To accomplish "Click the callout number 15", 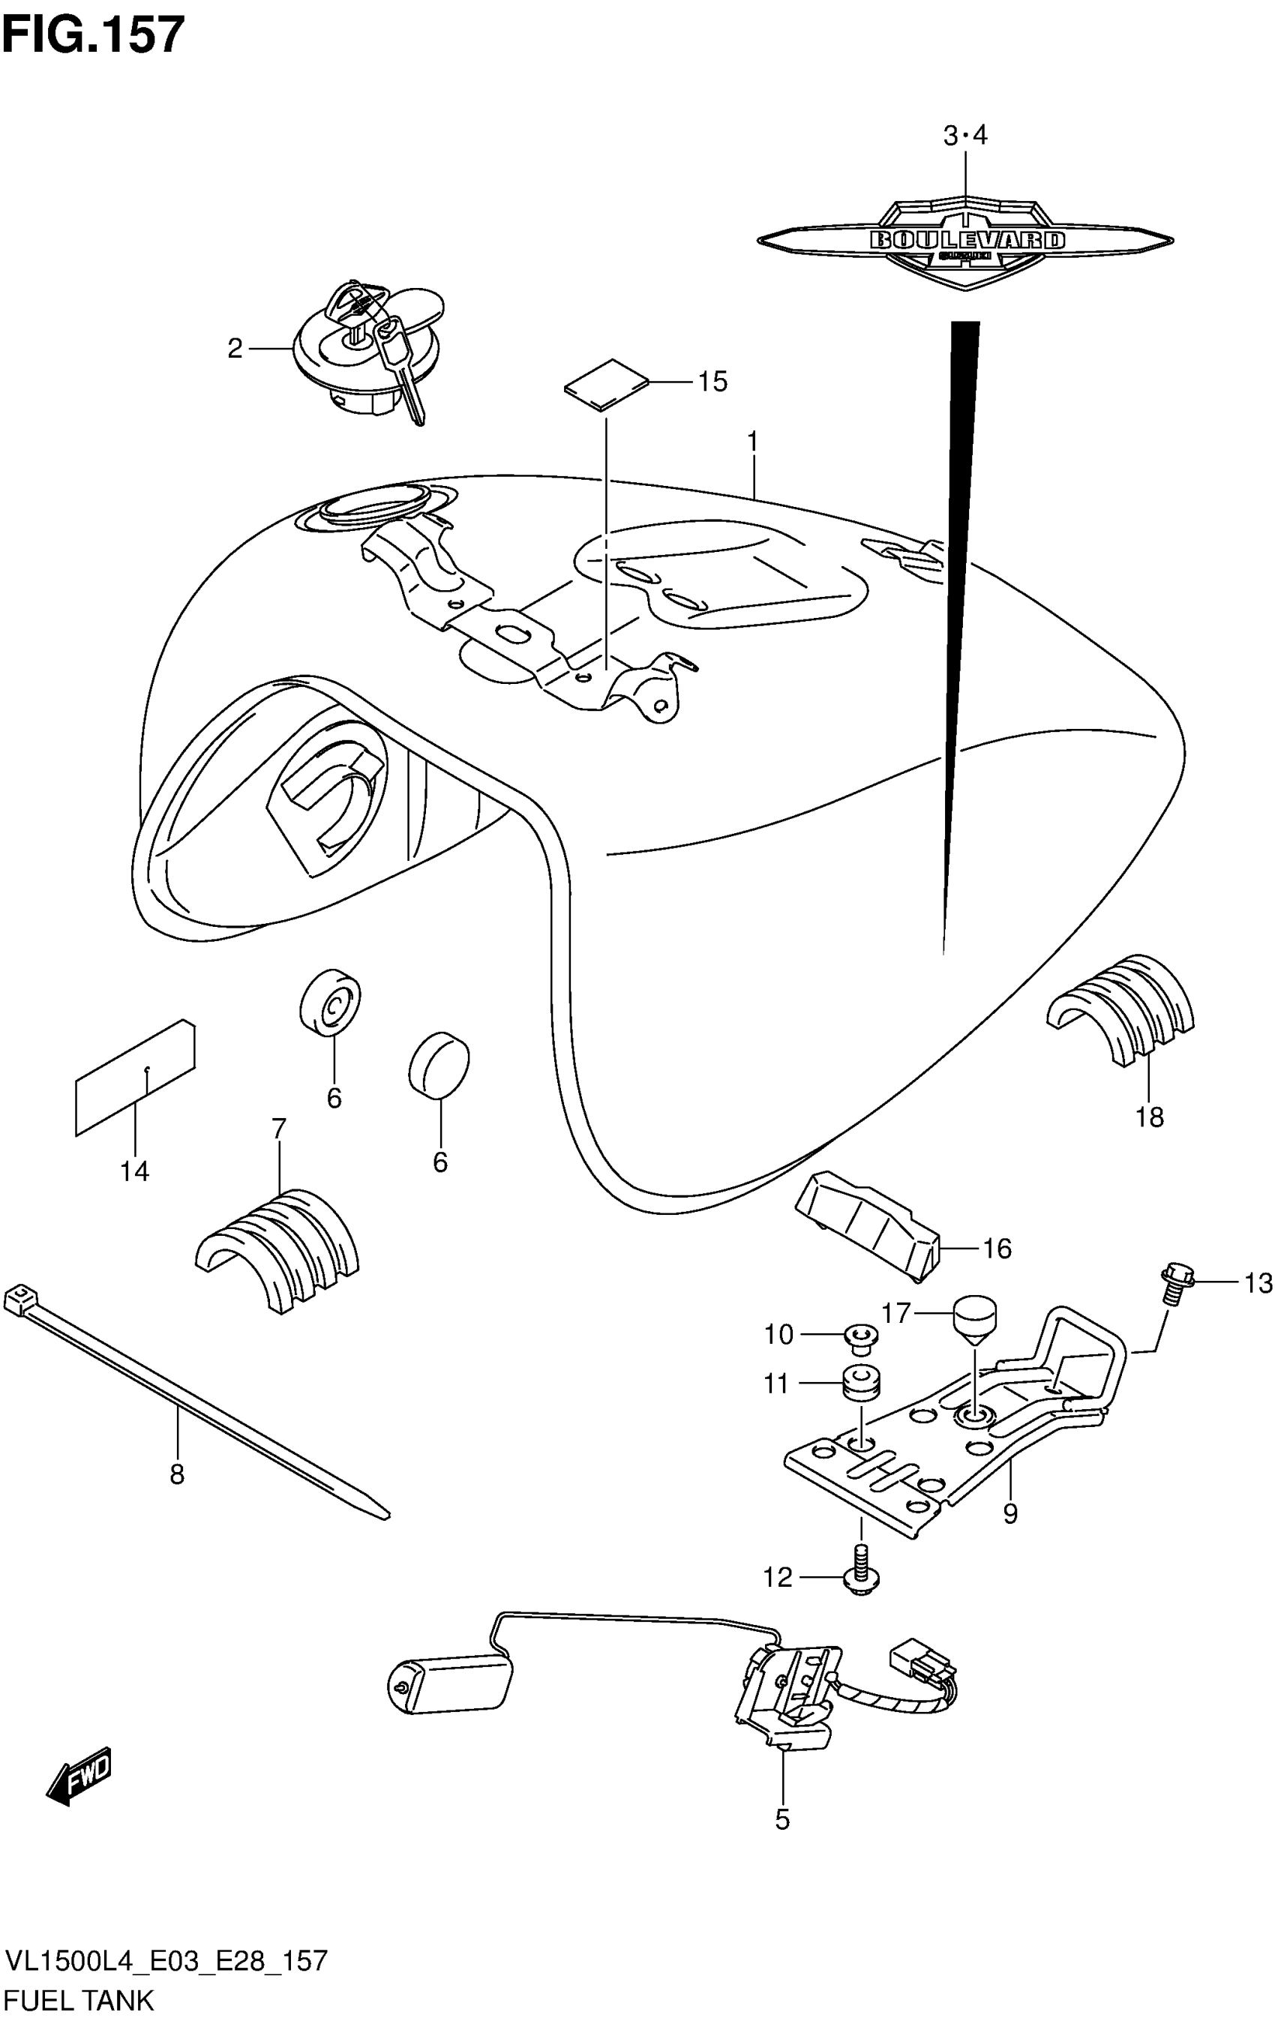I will click(712, 382).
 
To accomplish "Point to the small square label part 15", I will click(607, 384).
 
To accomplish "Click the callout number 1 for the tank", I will click(752, 441).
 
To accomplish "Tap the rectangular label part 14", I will click(134, 1078).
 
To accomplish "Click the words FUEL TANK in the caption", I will click(79, 1998).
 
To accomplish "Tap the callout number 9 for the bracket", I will click(1010, 1513).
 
